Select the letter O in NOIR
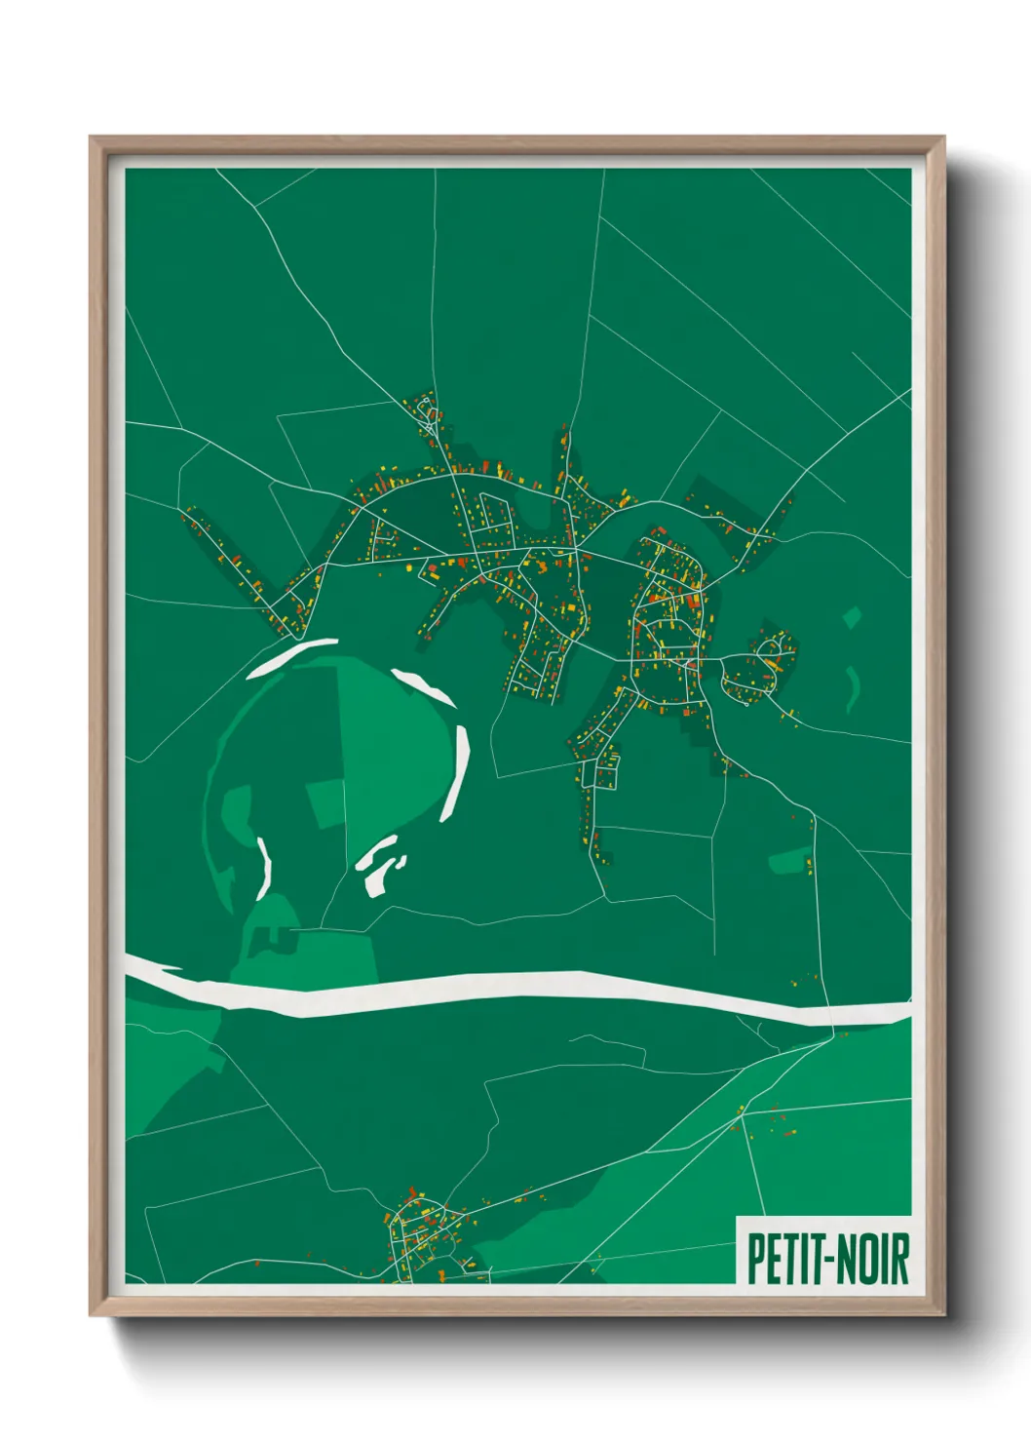[x=867, y=1259]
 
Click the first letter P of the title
[x=754, y=1259]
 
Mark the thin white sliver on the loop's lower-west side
[x=263, y=867]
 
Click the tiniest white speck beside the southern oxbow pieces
[x=400, y=861]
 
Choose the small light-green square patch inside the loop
[x=325, y=803]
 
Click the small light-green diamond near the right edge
[x=853, y=617]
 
